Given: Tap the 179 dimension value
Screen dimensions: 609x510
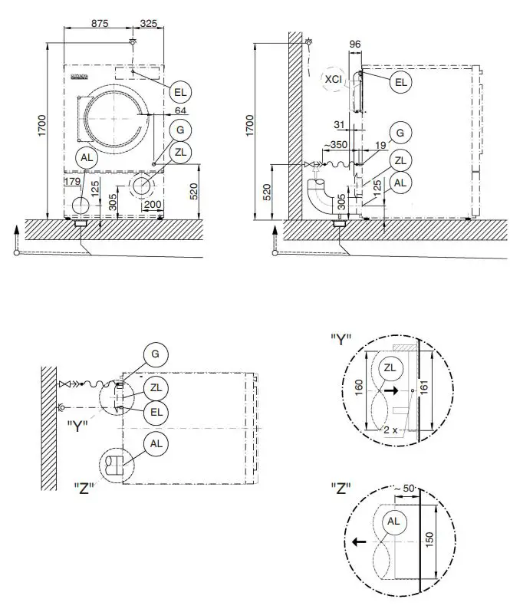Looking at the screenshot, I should click(x=73, y=182).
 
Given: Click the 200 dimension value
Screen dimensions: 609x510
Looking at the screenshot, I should click(x=152, y=205).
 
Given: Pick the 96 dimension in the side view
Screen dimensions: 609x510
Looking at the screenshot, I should click(x=354, y=45).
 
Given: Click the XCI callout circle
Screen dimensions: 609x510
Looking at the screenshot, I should click(x=333, y=79).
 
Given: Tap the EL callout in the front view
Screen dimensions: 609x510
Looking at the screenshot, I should click(x=180, y=92).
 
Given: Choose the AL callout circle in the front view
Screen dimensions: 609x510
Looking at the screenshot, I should click(x=88, y=157).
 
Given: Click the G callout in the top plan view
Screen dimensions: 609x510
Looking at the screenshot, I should click(x=156, y=354).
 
